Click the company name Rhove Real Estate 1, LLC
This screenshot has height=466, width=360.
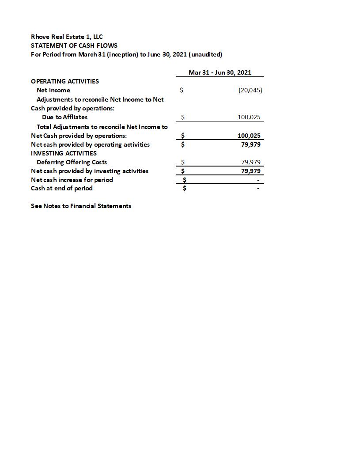tap(67, 37)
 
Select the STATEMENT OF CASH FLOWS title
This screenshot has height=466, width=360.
tap(74, 45)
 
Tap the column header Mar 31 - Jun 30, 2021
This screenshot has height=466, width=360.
tap(220, 72)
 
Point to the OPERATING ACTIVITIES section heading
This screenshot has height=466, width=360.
tap(65, 81)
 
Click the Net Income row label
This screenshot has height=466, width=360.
tap(53, 90)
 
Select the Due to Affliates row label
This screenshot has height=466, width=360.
tap(64, 117)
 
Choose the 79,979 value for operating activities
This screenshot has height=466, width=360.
tap(250, 144)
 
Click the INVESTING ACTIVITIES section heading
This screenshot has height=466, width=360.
tap(64, 153)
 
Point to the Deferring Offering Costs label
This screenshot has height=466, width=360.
tap(72, 162)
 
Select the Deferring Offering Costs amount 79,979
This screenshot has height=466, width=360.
tap(250, 162)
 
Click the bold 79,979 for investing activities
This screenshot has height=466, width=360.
tap(250, 171)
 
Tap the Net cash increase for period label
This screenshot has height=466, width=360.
tap(72, 180)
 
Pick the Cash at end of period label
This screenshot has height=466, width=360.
tap(62, 188)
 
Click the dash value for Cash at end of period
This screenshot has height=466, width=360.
tap(258, 189)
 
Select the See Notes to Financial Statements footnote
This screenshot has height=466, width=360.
tap(81, 206)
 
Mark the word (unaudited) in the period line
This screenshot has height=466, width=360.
tap(205, 54)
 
